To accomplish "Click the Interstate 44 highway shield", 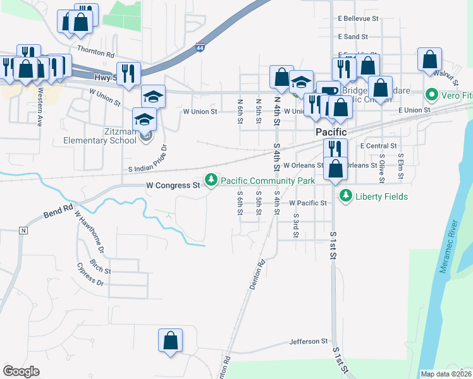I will [200, 48].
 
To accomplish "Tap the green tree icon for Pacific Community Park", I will [211, 181].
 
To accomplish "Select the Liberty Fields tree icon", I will [345, 196].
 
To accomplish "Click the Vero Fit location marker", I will [433, 95].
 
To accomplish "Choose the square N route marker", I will [23, 230].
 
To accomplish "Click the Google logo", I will [21, 371].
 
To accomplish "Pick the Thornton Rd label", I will [95, 49].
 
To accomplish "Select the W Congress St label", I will [173, 186].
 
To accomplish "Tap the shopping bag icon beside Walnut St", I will [429, 59].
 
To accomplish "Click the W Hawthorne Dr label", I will [89, 232].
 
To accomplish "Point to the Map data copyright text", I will [446, 374].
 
